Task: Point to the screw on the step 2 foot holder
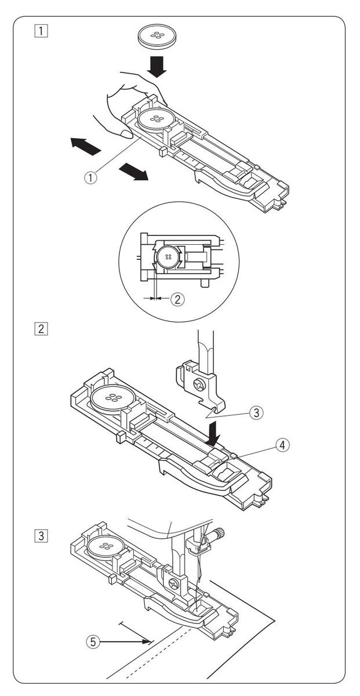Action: coord(198,383)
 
